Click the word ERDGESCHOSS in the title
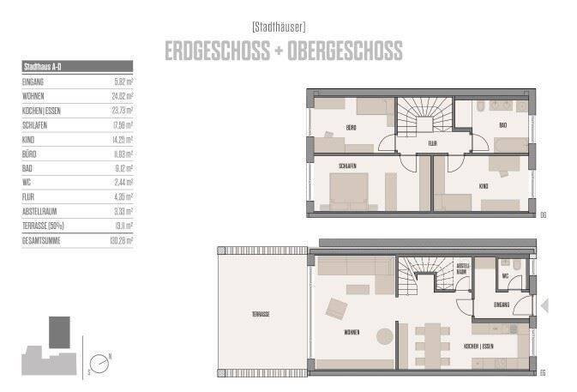point(219,51)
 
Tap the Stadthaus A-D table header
point(43,65)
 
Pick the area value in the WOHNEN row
point(122,95)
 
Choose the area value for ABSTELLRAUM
point(123,211)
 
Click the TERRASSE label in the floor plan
point(261,315)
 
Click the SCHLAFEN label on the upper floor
point(347,166)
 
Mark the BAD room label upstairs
point(502,125)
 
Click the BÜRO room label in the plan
point(352,128)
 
